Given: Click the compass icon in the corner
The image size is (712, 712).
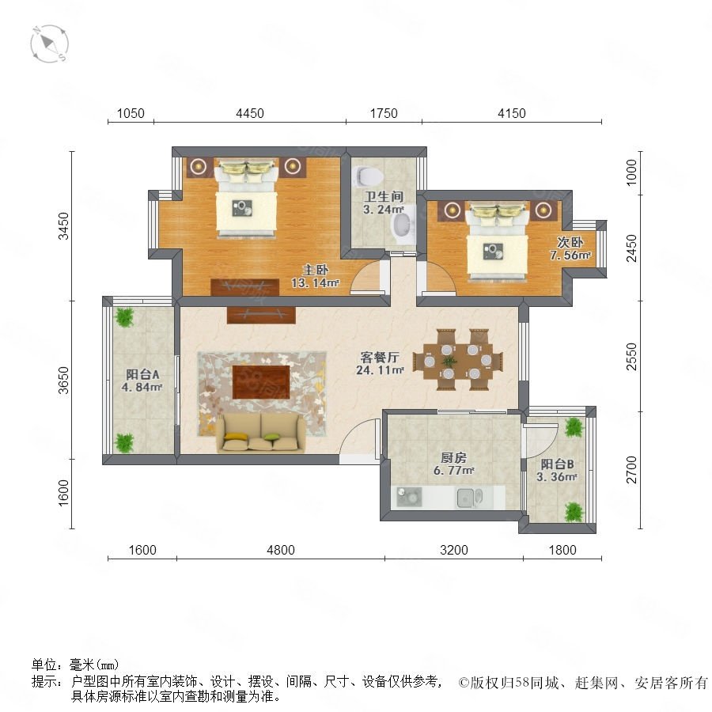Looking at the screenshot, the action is tap(50, 44).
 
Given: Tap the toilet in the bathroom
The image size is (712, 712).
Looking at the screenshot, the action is tap(365, 176).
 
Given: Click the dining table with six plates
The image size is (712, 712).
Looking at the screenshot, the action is tap(458, 360).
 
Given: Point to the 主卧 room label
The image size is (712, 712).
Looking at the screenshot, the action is tap(315, 270).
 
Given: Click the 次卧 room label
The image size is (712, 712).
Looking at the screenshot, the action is tap(570, 242).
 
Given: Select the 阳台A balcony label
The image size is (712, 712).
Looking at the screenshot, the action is tap(142, 374).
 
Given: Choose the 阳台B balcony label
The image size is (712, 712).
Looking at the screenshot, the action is tap(557, 464).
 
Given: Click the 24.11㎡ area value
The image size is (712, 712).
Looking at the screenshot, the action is tap(380, 370).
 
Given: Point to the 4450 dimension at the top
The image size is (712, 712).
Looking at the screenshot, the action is tap(250, 113).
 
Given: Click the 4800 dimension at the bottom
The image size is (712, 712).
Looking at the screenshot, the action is tap(281, 550).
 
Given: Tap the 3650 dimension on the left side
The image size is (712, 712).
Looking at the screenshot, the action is tap(63, 380).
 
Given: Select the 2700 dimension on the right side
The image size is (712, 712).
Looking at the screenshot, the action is tap(631, 470).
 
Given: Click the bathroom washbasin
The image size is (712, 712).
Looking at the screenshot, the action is tap(403, 225).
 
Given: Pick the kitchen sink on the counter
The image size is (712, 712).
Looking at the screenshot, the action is tap(470, 498).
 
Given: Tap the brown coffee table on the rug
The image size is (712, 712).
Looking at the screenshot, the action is tap(261, 382).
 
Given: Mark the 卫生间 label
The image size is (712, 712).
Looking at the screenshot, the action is tap(384, 197).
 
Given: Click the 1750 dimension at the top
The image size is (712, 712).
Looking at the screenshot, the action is tap(384, 113).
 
